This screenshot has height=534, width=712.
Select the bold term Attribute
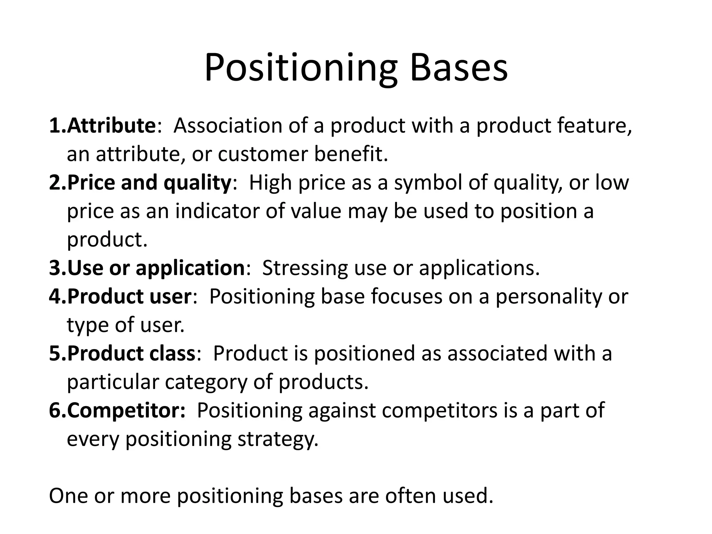[111, 126]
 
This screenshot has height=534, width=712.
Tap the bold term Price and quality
[149, 183]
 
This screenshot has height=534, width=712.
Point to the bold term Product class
[131, 353]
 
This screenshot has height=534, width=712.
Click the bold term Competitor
[126, 410]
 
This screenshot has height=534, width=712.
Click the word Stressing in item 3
[304, 268]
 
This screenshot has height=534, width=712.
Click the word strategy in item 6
[278, 439]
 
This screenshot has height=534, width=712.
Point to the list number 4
[55, 297]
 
